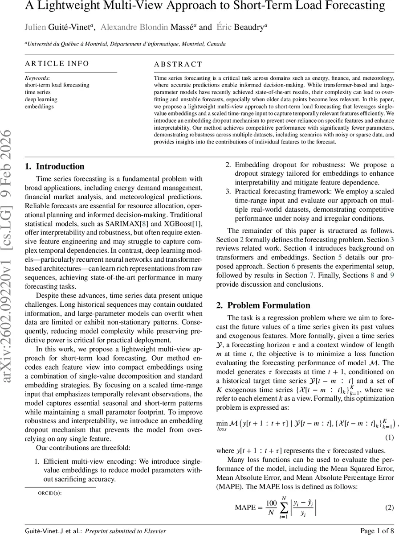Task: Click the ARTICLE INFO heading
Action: click(x=57, y=64)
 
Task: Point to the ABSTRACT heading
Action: click(x=178, y=64)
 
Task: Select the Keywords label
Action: click(x=37, y=78)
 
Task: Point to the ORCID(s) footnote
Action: click(x=49, y=493)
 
